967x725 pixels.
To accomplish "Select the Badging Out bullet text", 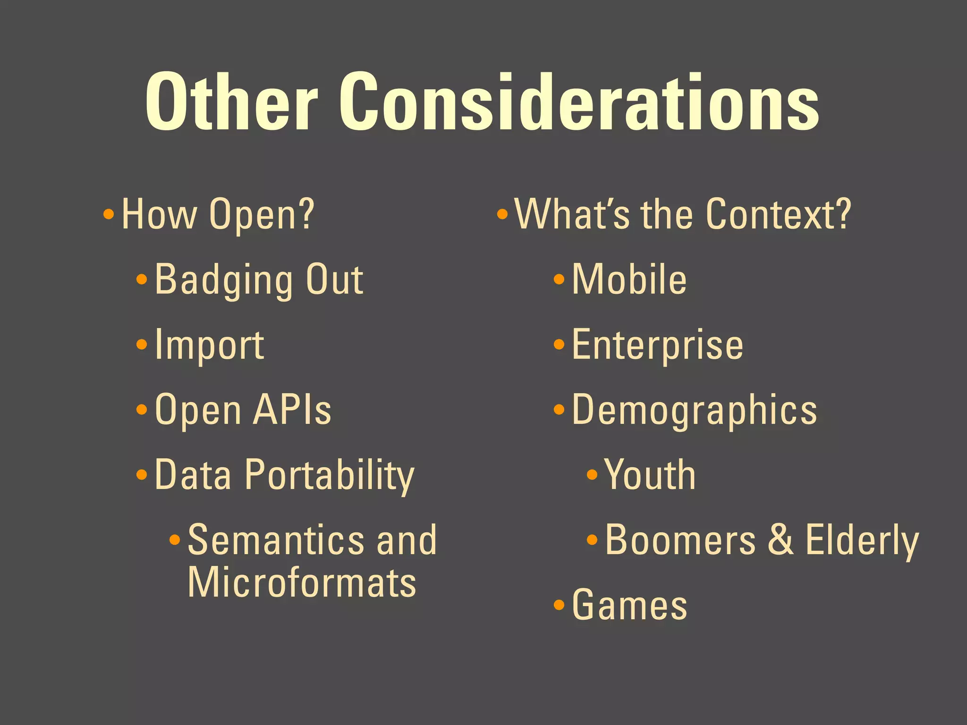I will (259, 279).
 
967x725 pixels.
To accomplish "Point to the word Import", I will (209, 346).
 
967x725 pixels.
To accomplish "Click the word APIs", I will (292, 410).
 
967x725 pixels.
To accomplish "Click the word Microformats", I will (302, 582).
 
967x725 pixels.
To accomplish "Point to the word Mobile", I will (629, 279).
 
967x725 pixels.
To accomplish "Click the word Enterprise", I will (657, 345).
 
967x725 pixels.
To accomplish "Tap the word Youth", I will (650, 475).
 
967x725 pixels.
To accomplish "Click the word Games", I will (629, 605).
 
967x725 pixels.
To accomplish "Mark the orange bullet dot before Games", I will (559, 605).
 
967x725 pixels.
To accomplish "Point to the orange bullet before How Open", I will (109, 215).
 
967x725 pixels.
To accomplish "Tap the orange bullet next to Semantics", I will (175, 540).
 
